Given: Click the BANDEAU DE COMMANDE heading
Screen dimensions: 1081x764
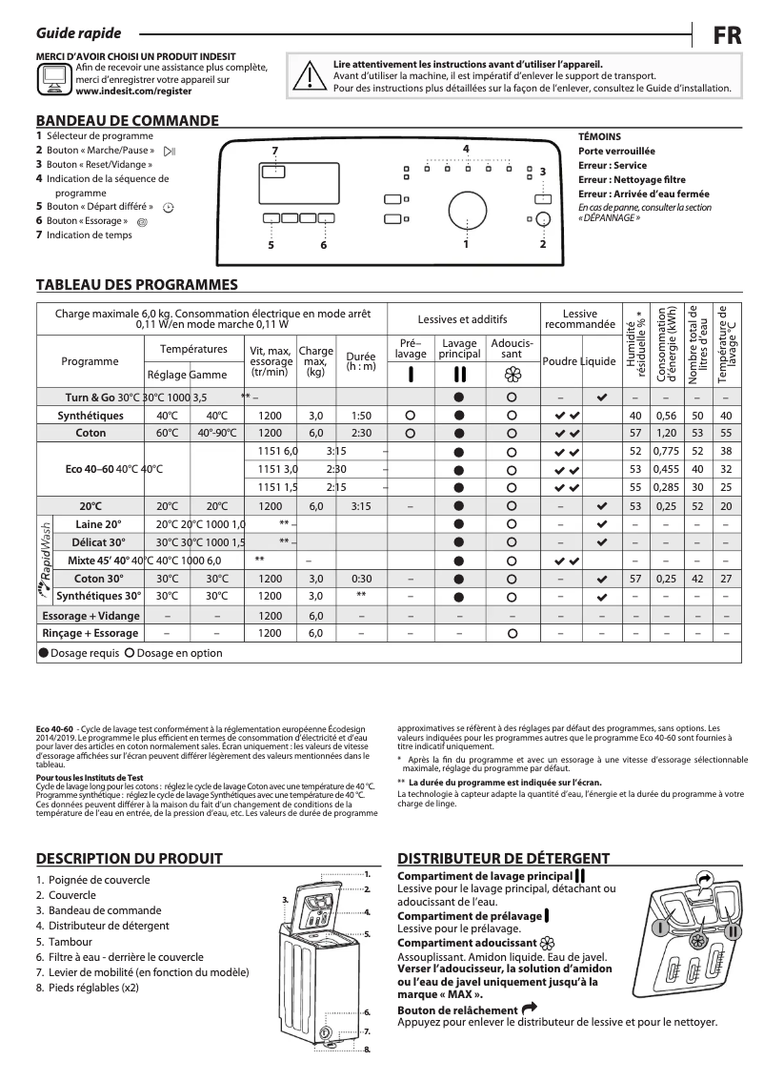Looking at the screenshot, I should coord(127,121).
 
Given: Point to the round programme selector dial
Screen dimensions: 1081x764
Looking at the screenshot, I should coord(466,211).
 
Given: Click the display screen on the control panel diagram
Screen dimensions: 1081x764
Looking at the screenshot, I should coord(274,172).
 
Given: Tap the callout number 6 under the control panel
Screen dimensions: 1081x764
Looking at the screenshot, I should coord(323,245).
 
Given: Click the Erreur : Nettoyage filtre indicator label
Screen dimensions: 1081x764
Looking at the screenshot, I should coord(632,179).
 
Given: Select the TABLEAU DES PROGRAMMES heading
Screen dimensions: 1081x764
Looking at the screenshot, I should coord(136,284).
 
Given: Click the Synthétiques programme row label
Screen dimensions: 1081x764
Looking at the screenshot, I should coord(90,416).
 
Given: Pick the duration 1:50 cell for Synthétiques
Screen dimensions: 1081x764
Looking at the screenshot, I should coord(361,416).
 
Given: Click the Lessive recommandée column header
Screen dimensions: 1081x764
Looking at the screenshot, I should coord(579,319).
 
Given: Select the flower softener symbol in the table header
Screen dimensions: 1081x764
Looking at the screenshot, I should coord(512,375).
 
